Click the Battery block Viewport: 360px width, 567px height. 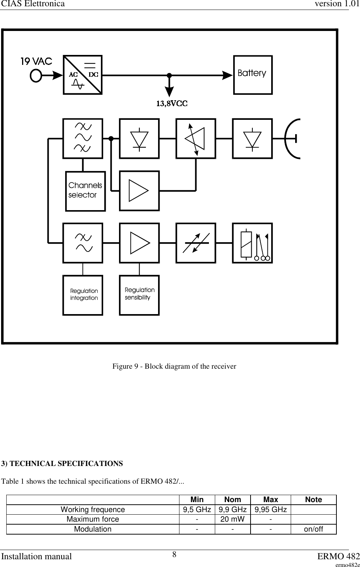coord(253,75)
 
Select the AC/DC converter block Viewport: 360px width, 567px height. coord(83,75)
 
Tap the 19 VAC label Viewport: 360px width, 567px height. coord(36,61)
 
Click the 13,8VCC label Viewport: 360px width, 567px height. coord(172,104)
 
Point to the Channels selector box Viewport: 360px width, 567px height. coord(85,191)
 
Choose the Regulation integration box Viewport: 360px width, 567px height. coord(83,295)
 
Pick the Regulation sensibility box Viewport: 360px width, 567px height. coord(139,295)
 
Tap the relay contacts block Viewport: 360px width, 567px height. coord(252,243)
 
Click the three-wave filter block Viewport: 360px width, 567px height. coord(83,138)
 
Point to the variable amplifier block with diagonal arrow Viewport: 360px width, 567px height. coord(196,138)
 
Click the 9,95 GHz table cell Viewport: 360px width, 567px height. coord(271,509)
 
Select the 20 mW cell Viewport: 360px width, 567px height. coord(233,519)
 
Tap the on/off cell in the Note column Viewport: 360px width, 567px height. coord(313,529)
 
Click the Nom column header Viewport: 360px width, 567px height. coord(233,500)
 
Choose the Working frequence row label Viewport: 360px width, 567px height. coord(93,509)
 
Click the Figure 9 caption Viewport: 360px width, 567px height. coord(174,366)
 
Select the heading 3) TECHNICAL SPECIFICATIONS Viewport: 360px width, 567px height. coord(62,463)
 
